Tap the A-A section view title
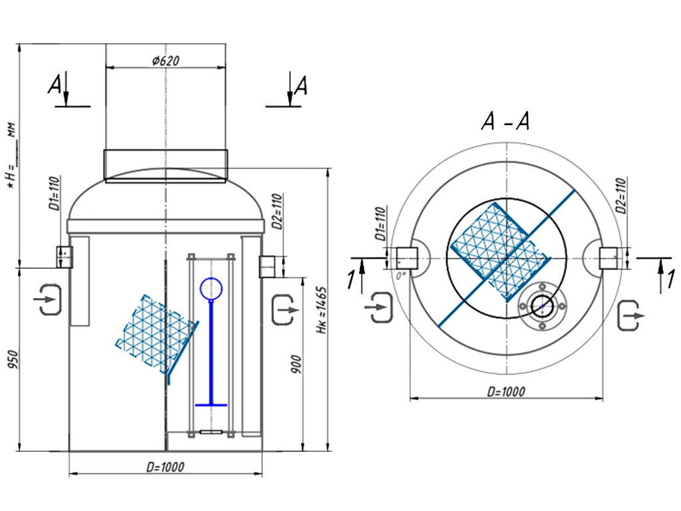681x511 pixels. (x=505, y=123)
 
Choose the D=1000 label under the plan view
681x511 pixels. (x=505, y=392)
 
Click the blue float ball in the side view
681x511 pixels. (x=211, y=288)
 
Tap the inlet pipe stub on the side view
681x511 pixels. (x=64, y=255)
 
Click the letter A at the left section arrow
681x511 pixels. (x=57, y=85)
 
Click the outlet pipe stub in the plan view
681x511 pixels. (x=610, y=257)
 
